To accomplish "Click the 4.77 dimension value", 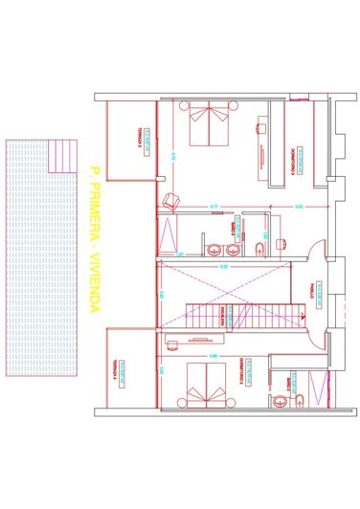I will [214, 206].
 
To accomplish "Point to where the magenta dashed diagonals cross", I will [222, 278].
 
